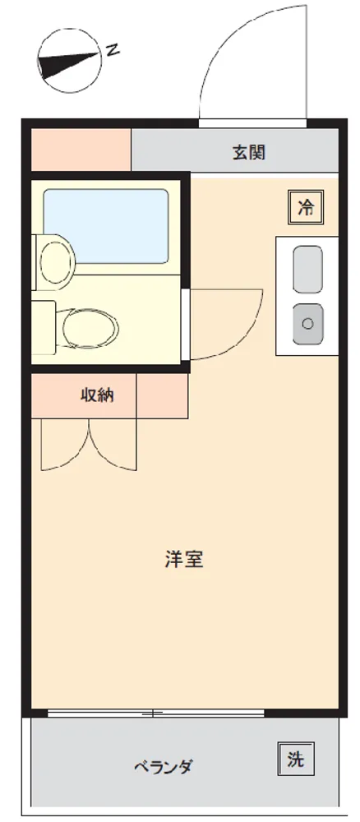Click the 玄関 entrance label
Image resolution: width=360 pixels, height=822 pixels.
click(249, 152)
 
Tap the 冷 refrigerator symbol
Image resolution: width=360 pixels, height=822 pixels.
click(306, 207)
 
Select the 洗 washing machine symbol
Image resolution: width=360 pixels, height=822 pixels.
click(296, 759)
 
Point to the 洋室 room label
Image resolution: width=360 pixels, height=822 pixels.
click(184, 559)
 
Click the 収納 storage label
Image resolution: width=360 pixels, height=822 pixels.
click(97, 395)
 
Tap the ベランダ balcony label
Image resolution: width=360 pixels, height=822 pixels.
click(163, 768)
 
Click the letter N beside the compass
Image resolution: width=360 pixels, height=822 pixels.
click(113, 50)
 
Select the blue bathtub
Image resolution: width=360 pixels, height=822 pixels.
click(106, 226)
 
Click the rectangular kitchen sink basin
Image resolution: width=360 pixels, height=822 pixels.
click(307, 270)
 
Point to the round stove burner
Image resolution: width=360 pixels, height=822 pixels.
click(307, 323)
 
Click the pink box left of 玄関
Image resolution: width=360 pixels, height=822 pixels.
click(81, 150)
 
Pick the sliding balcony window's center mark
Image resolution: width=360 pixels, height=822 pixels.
click(153, 713)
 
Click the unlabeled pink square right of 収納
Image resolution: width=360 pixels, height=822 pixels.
click(162, 396)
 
